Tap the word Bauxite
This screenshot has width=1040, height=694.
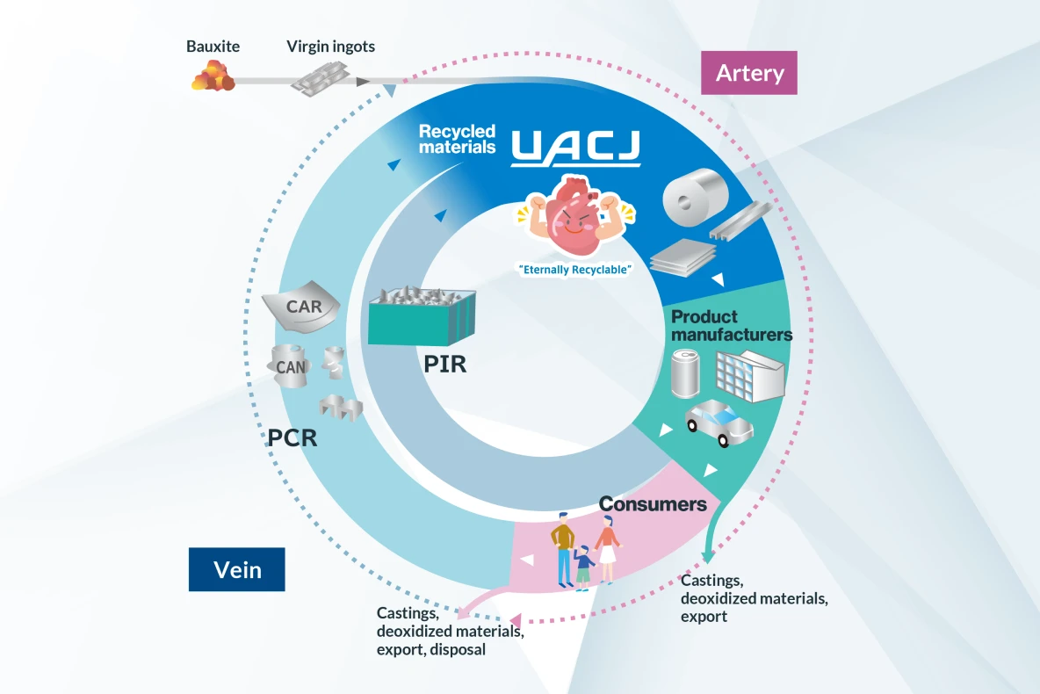(213, 47)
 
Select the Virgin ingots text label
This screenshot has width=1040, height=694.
(330, 47)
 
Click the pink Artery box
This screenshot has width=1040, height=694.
(749, 72)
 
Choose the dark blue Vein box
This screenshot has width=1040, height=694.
(237, 569)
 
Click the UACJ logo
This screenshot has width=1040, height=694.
(576, 148)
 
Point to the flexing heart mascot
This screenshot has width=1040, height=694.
(576, 216)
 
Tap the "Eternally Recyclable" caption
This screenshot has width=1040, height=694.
(575, 270)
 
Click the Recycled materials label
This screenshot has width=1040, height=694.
(457, 140)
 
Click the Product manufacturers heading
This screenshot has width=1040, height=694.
(731, 325)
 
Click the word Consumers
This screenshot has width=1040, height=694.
(653, 504)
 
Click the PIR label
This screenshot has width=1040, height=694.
(444, 363)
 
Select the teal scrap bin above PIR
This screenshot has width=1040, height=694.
(422, 317)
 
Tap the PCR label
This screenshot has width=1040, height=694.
(292, 436)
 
